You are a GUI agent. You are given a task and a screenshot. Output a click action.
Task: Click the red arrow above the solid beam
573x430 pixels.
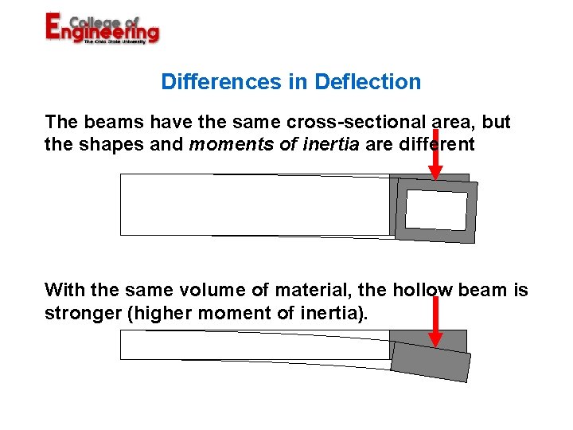[435, 319]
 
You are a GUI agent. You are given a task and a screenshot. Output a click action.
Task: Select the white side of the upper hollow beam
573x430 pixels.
[255, 205]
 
